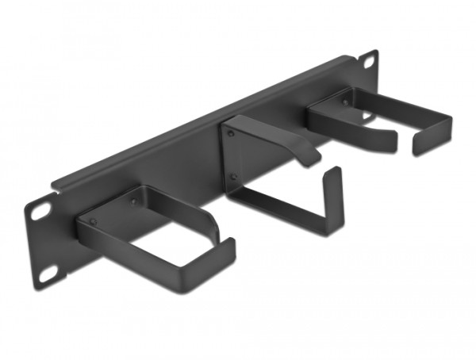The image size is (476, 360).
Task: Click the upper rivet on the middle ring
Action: pyautogui.click(x=232, y=135)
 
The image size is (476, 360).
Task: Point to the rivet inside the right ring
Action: pyautogui.click(x=346, y=101)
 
